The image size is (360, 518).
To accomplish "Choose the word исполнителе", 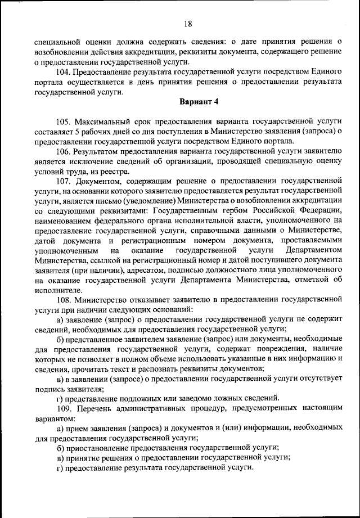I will pyautogui.click(x=58, y=290).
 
